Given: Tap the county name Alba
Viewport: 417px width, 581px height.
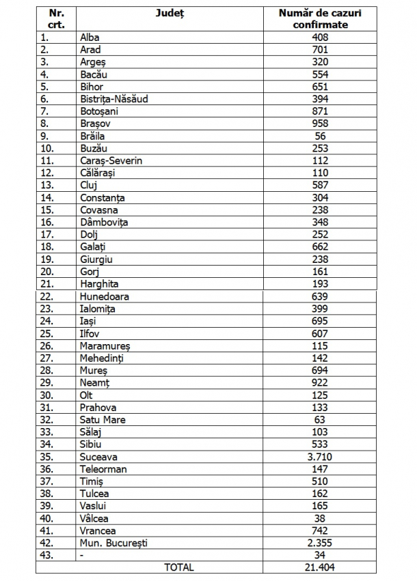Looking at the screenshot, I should click(x=90, y=37).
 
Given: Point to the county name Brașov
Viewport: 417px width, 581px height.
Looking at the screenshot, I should click(x=95, y=124).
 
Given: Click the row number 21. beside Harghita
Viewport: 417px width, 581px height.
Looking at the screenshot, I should click(x=46, y=284).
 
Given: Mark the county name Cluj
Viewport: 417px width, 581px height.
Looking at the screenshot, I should click(x=89, y=185).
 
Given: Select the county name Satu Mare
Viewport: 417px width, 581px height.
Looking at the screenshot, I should click(x=103, y=420).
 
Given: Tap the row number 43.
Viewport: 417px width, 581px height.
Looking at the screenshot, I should click(x=46, y=555).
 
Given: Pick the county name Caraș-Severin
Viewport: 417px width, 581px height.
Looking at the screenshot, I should click(x=111, y=160).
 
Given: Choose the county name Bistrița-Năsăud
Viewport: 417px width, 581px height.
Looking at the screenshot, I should click(x=114, y=99).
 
